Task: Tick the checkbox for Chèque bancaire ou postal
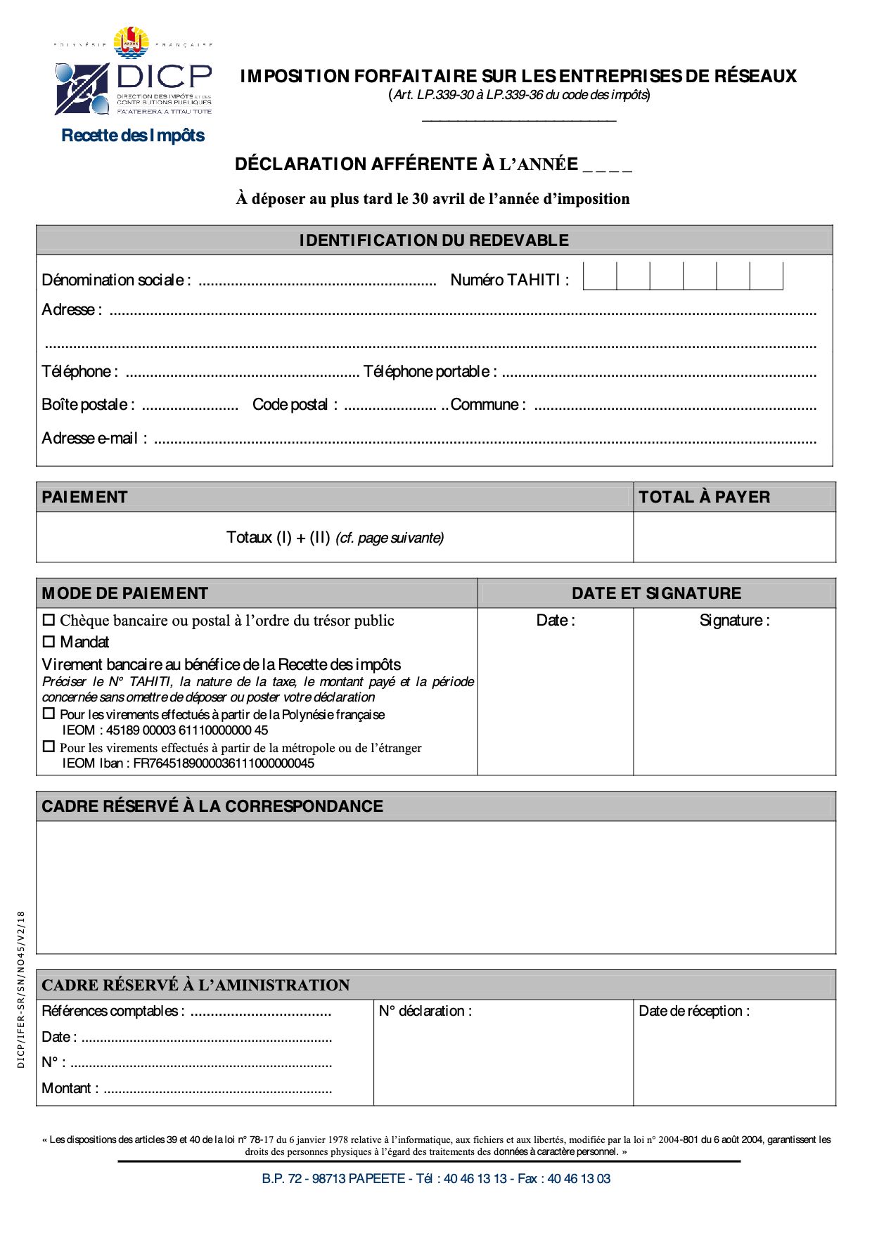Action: click(49, 620)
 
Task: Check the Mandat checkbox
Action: click(49, 642)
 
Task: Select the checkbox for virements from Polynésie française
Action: click(49, 714)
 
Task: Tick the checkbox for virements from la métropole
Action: click(49, 747)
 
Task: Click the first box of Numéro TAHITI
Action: click(600, 276)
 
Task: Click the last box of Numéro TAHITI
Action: click(766, 276)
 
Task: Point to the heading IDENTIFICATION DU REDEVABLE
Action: click(434, 240)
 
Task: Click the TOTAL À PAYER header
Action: click(704, 497)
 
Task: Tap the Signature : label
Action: click(734, 620)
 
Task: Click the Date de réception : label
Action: click(694, 1011)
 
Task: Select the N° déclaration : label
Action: click(425, 1011)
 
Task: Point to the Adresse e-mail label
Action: click(94, 439)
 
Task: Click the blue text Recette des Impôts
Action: click(133, 136)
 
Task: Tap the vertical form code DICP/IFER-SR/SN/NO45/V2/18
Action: click(21, 990)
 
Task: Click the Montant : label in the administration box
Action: click(70, 1088)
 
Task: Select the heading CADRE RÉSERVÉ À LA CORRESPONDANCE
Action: click(212, 806)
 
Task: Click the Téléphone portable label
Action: click(430, 371)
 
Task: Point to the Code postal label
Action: click(295, 405)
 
